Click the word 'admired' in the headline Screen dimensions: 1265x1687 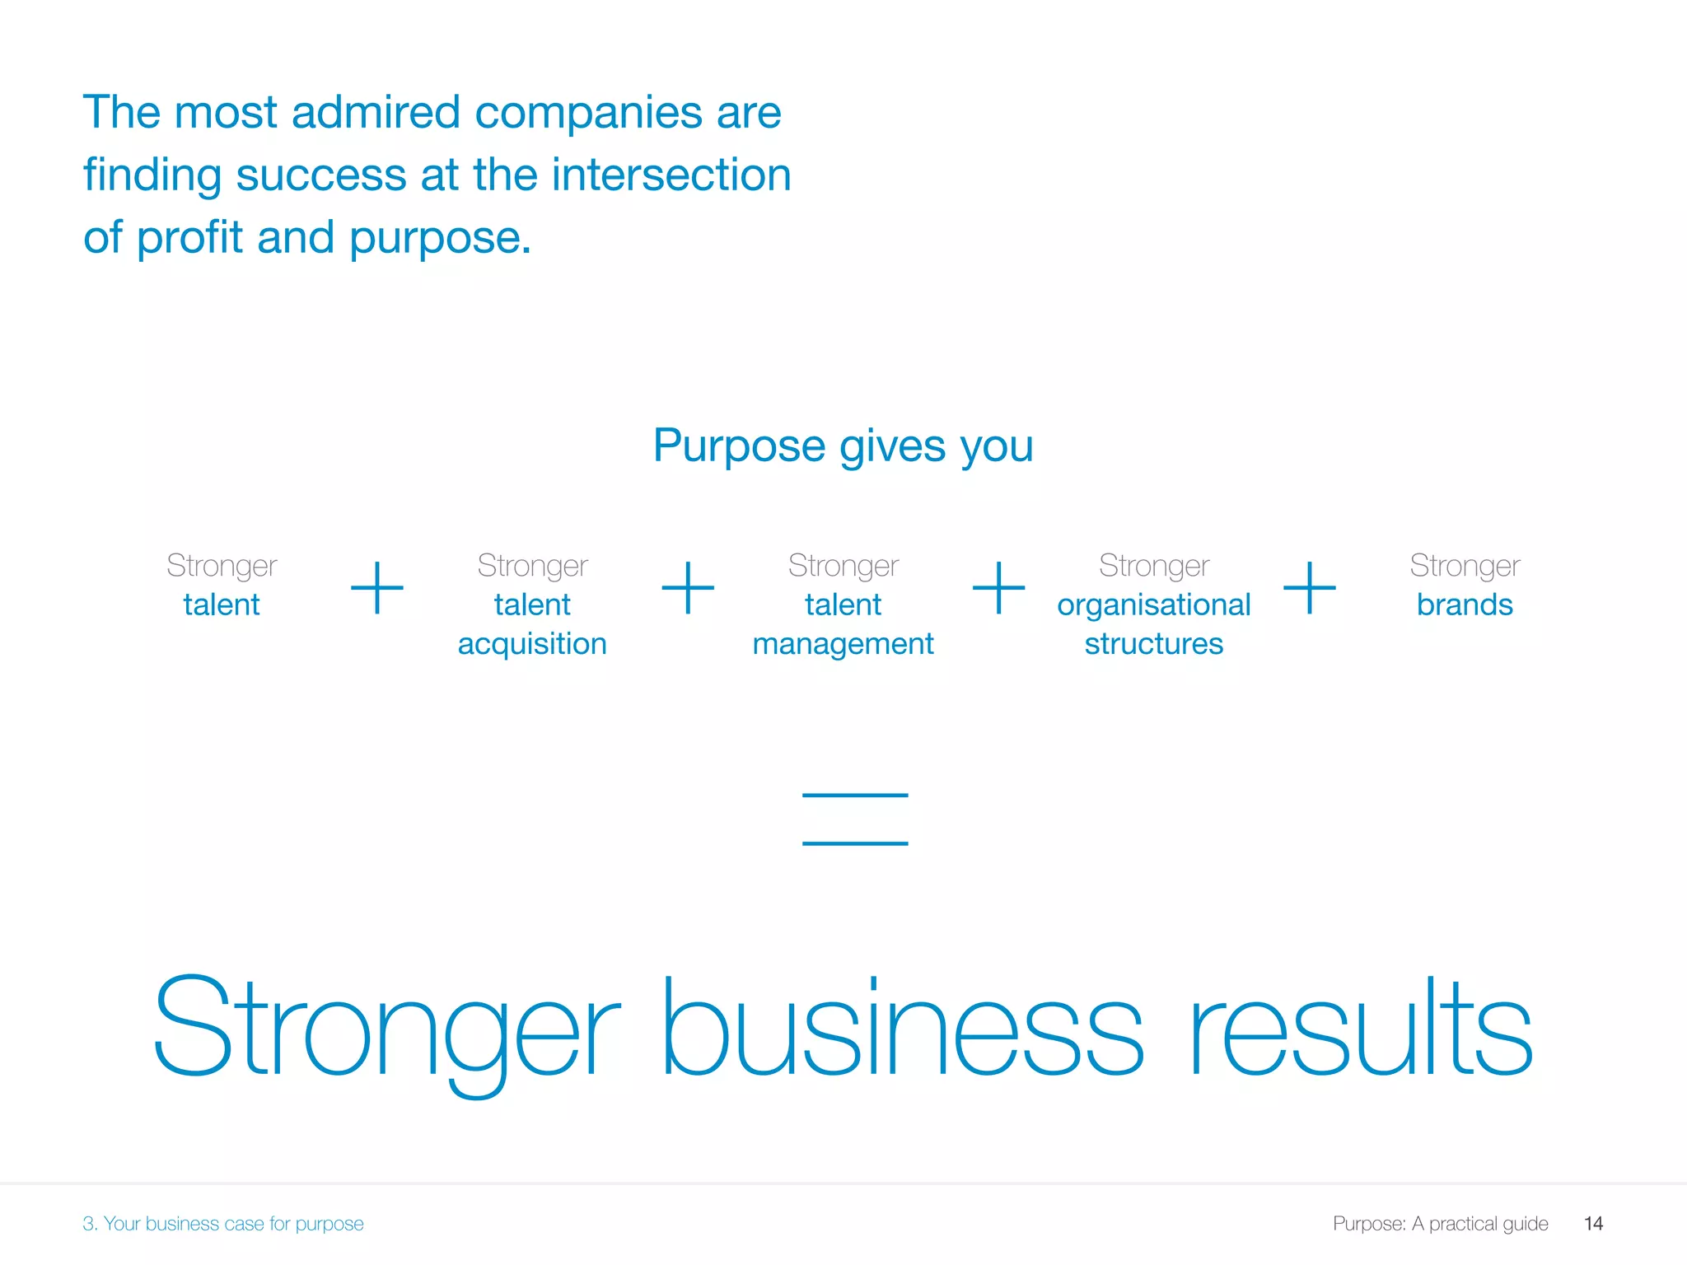coord(375,112)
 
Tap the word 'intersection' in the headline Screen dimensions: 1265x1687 coord(671,175)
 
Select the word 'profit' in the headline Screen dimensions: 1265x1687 coord(189,238)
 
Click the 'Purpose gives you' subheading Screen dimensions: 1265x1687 coord(843,446)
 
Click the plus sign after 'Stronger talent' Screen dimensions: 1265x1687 coord(377,588)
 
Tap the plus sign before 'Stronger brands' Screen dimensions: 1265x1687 coord(1309,588)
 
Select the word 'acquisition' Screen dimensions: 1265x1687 coord(532,643)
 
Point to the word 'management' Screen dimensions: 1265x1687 coord(843,643)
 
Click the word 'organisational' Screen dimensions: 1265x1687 coord(1153,604)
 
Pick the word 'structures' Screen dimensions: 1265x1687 coord(1153,643)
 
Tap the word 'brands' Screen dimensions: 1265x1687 coord(1465,604)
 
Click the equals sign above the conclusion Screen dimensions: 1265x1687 coord(855,819)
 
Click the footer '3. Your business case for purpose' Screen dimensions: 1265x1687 coord(222,1224)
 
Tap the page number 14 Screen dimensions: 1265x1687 coord(1593,1224)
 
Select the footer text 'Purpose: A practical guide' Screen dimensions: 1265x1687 coord(1440,1224)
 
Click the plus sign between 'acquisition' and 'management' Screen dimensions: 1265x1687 coord(688,588)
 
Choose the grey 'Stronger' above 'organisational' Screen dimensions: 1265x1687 coord(1153,566)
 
